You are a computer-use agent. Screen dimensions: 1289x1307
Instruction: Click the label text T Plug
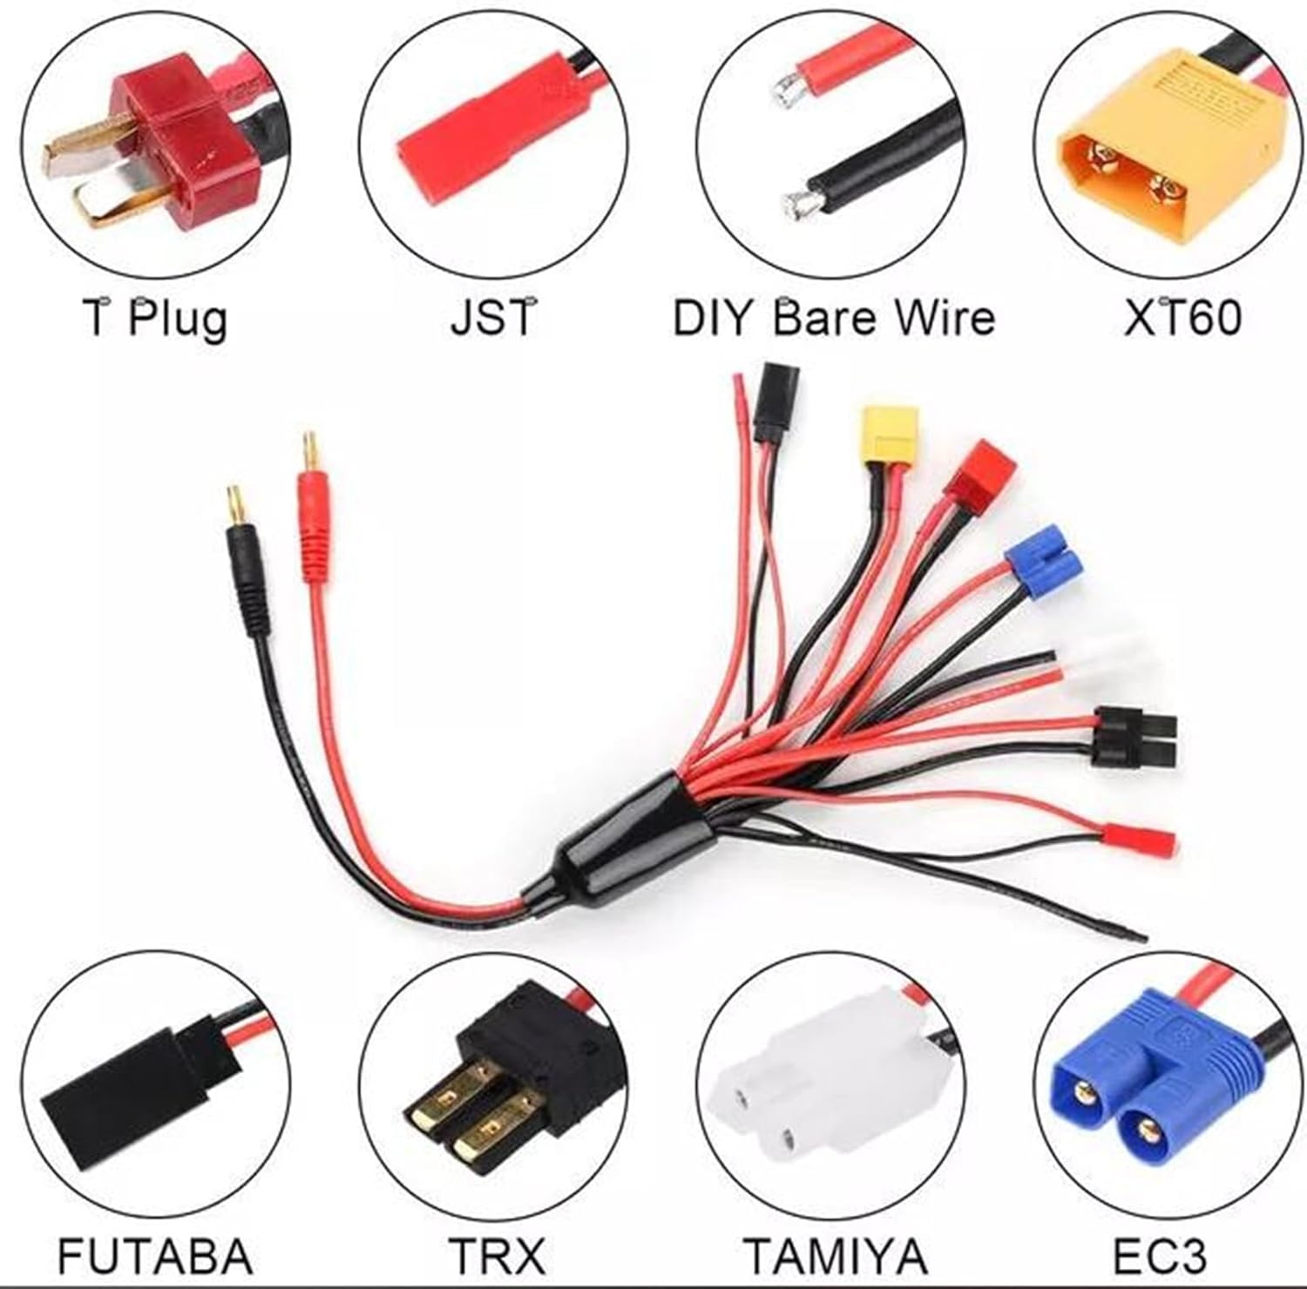click(x=155, y=318)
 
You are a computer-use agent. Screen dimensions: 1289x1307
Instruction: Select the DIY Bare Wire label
click(x=833, y=316)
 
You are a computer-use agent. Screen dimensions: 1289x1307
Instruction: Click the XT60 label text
click(x=1182, y=316)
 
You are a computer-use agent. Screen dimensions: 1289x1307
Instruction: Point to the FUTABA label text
click(x=154, y=1255)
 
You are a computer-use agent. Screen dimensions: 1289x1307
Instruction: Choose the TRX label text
click(x=496, y=1255)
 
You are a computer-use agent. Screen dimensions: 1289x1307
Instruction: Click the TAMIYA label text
click(x=835, y=1255)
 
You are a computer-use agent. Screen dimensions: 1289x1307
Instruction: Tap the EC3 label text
click(x=1160, y=1255)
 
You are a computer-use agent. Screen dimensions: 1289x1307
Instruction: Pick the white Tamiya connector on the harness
click(x=1107, y=662)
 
